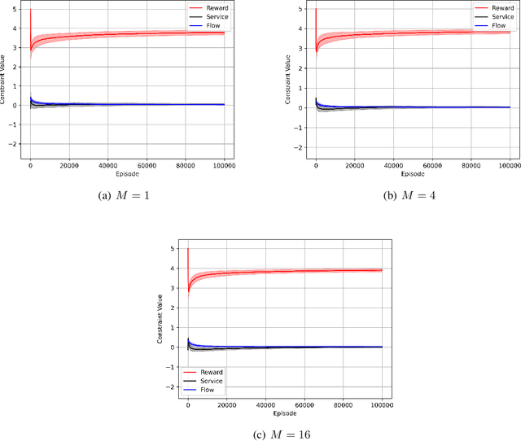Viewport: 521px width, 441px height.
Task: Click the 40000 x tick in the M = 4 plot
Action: point(393,164)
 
